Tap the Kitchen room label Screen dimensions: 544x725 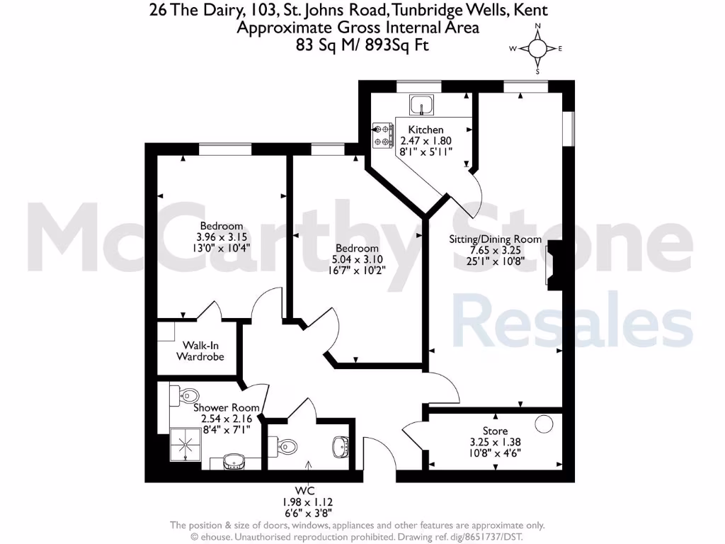click(426, 130)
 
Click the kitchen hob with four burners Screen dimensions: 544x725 click(383, 136)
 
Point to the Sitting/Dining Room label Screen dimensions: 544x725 click(495, 239)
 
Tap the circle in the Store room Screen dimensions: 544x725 click(544, 424)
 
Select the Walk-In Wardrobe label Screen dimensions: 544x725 click(200, 351)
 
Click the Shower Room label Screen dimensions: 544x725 click(220, 407)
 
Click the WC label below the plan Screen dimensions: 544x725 click(306, 490)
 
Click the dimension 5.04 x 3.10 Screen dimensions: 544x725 click(357, 259)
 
